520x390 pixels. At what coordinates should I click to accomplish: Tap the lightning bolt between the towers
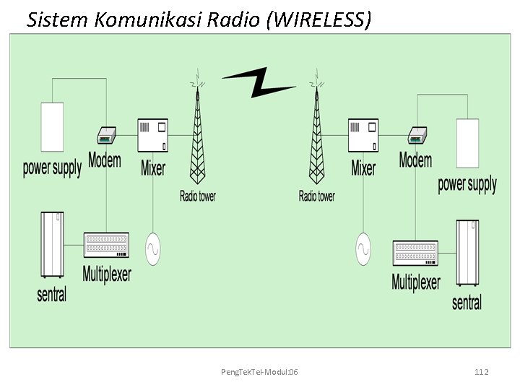(258, 82)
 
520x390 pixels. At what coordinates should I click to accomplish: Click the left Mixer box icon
(152, 136)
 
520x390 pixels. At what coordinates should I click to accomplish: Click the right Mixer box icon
(363, 136)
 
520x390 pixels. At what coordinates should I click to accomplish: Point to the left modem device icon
(106, 135)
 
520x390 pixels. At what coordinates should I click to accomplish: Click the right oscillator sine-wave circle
(364, 249)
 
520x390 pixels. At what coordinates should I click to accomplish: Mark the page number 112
(482, 371)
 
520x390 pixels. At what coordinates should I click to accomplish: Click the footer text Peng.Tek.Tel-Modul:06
(261, 371)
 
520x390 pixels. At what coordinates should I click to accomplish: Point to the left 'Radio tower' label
(197, 196)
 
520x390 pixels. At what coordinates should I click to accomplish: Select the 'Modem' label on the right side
(415, 160)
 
